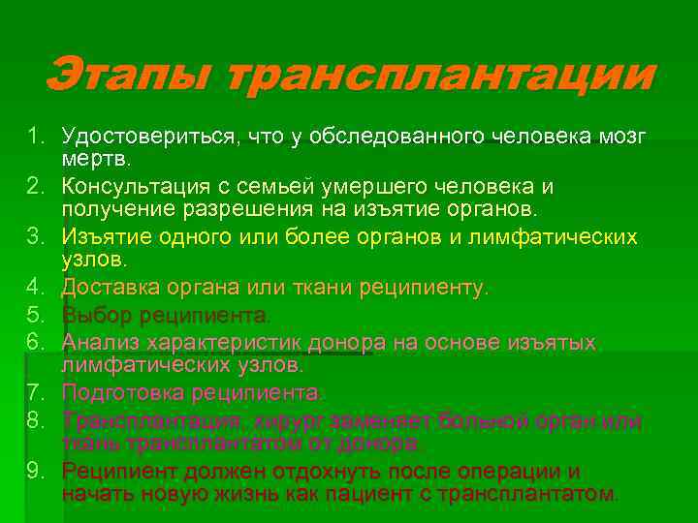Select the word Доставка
(x=107, y=288)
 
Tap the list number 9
(x=32, y=472)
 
